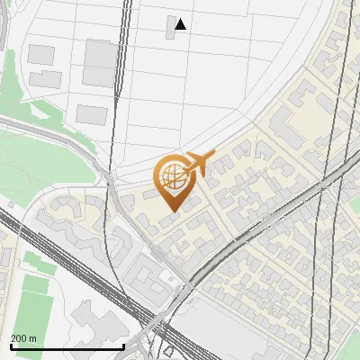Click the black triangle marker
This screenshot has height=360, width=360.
[x=181, y=24]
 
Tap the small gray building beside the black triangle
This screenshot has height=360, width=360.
[x=172, y=24]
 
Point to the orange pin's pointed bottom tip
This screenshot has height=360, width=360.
[x=173, y=211]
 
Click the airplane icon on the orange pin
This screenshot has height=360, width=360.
[x=199, y=163]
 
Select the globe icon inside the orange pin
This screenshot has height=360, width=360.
[x=172, y=176]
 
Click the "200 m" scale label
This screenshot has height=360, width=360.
[x=23, y=338]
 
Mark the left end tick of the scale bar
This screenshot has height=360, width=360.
[x=10, y=346]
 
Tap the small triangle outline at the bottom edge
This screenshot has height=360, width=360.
[x=168, y=350]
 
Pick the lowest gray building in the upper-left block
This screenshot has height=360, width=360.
[x=92, y=114]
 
